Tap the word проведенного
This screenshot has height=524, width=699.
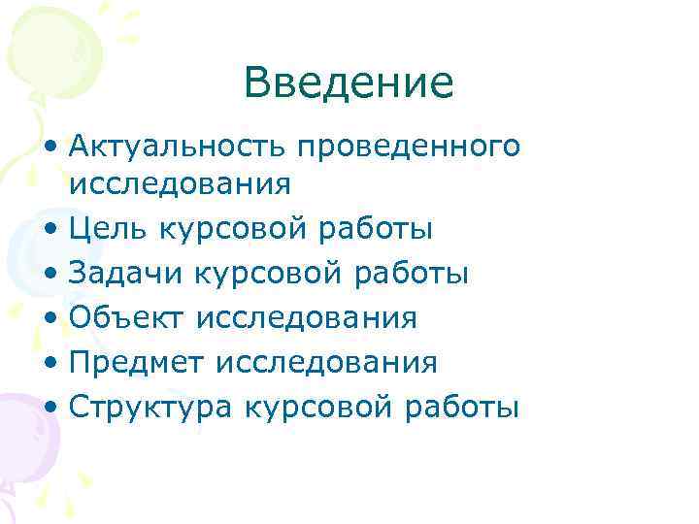(x=409, y=148)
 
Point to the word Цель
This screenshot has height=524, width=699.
(x=108, y=229)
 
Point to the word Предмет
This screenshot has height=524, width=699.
(x=137, y=363)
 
